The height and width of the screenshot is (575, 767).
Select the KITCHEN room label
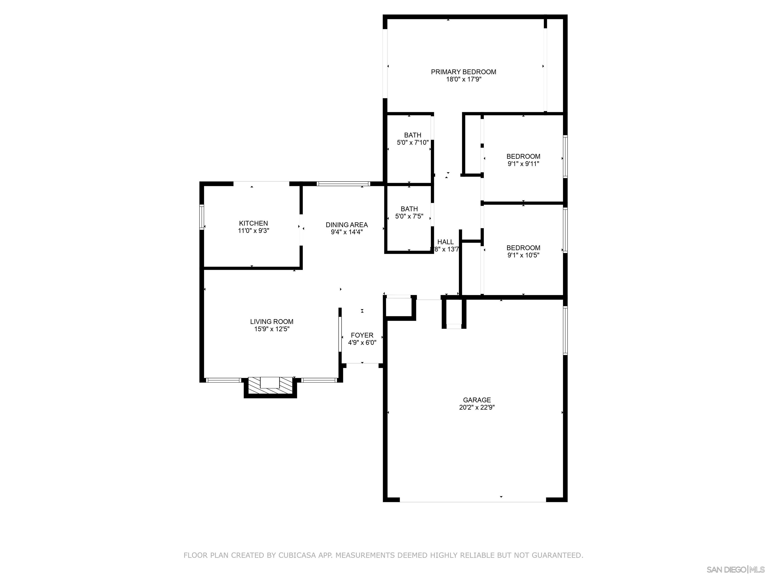pos(253,223)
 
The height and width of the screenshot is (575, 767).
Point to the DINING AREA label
pos(346,225)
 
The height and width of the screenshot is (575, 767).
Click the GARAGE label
pos(477,400)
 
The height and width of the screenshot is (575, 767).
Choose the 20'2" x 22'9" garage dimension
pos(477,408)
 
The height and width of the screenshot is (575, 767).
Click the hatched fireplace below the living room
pos(270,385)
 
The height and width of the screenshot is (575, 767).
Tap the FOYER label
pos(362,335)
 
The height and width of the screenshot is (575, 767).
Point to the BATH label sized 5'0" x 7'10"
pos(413,135)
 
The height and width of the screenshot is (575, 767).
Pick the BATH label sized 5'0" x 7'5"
pos(409,209)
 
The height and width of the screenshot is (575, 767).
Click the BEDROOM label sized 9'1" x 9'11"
pos(523,156)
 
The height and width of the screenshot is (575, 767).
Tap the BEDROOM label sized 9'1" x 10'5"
pos(523,248)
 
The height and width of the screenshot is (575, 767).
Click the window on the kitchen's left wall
pos(201,217)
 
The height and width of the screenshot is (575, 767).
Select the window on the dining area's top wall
pos(343,184)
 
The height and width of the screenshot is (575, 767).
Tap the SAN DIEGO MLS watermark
pos(735,570)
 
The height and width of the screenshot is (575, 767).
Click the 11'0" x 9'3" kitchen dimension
pos(253,231)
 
